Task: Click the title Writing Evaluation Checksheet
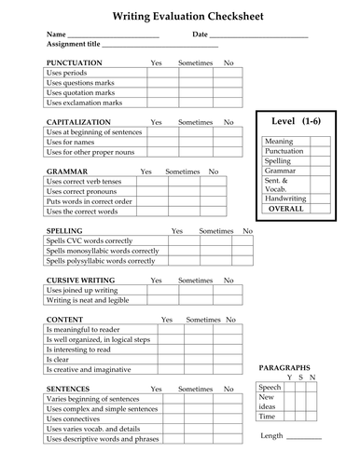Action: point(180,16)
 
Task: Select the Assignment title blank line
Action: point(159,45)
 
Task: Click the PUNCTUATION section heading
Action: point(75,62)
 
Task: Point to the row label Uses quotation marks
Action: point(80,92)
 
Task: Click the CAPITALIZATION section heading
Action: point(78,122)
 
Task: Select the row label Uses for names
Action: point(71,143)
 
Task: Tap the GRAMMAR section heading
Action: point(66,171)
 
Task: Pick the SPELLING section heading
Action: point(64,230)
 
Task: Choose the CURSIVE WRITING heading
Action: point(82,280)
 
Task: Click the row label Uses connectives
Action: point(75,418)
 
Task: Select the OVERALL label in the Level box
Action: point(286,209)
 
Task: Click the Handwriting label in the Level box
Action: point(285,198)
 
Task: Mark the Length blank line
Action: point(304,436)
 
